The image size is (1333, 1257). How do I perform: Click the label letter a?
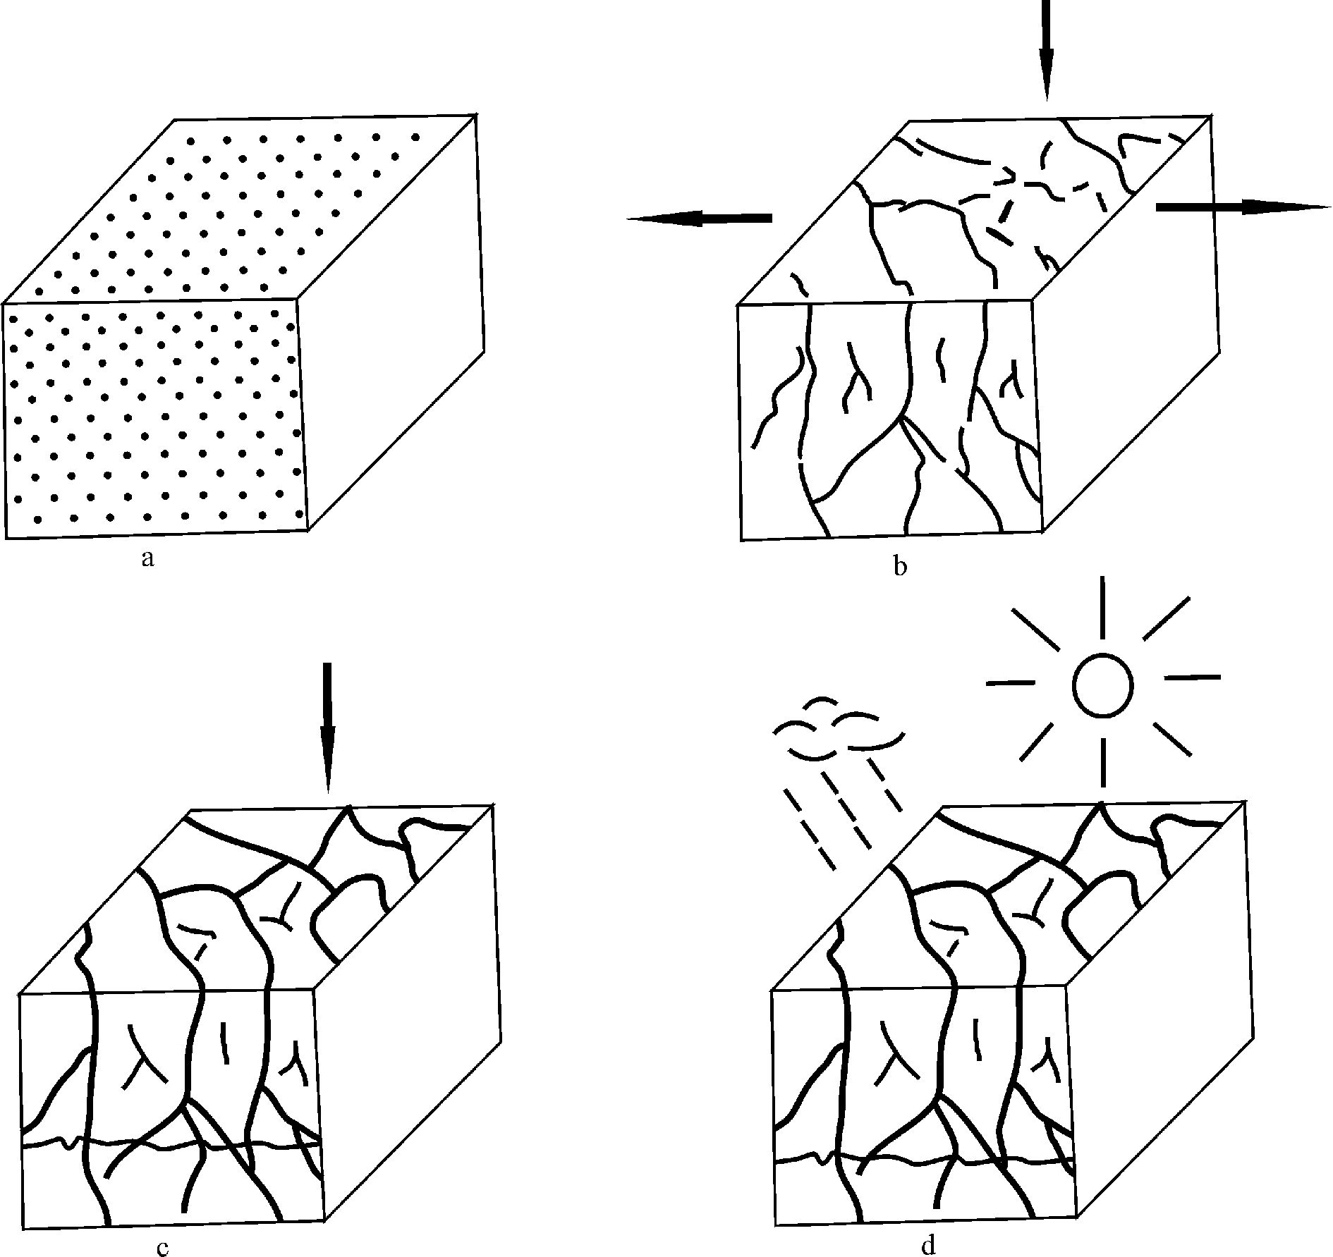point(147,559)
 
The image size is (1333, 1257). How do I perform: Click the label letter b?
point(899,566)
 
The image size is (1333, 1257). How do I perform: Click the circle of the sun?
point(1102,685)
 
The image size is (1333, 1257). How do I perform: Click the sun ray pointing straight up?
point(1102,608)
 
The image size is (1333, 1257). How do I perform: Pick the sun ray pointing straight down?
point(1102,762)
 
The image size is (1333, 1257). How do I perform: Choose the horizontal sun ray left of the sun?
point(1010,682)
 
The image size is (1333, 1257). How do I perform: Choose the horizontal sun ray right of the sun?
point(1192,678)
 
